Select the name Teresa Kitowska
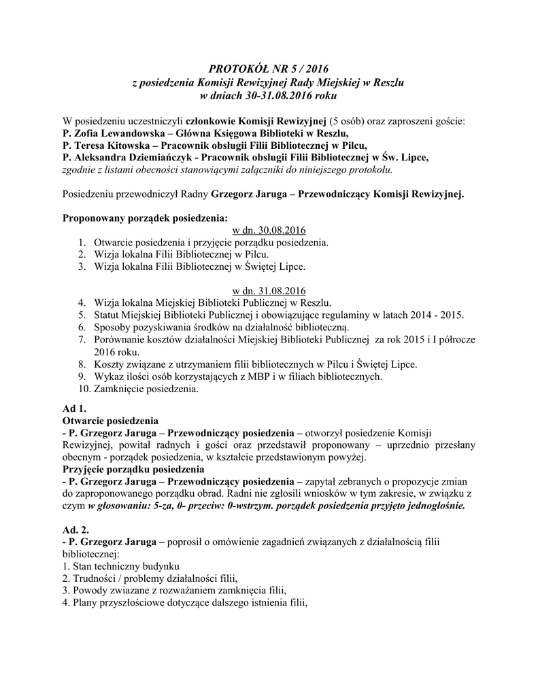pyautogui.click(x=105, y=145)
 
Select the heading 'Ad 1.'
pyautogui.click(x=74, y=408)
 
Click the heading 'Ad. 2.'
pyautogui.click(x=76, y=529)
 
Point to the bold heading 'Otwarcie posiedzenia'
pyautogui.click(x=111, y=421)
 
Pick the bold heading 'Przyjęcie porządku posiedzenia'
pyautogui.click(x=137, y=469)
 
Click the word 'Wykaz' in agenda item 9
pyautogui.click(x=109, y=377)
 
